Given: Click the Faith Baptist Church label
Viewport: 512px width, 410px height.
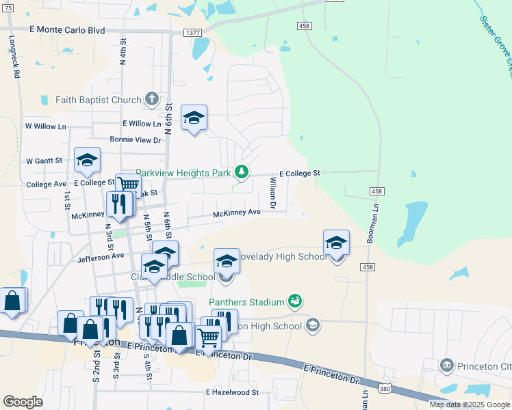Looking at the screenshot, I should pyautogui.click(x=98, y=100).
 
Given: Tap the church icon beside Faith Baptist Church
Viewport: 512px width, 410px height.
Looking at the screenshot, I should pyautogui.click(x=151, y=100).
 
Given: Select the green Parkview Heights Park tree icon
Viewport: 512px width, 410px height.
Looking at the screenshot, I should pyautogui.click(x=241, y=171).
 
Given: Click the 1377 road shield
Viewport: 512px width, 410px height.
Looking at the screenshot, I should pyautogui.click(x=192, y=32).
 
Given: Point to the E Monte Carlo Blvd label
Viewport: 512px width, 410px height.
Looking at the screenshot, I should pyautogui.click(x=67, y=30).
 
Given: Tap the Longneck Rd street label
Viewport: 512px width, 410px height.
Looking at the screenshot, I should pyautogui.click(x=13, y=57).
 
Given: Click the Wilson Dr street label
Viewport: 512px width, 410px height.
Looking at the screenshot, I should pyautogui.click(x=272, y=193).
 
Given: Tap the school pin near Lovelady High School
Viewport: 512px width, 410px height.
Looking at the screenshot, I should pyautogui.click(x=336, y=243).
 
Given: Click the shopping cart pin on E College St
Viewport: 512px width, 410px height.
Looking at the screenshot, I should pyautogui.click(x=128, y=184).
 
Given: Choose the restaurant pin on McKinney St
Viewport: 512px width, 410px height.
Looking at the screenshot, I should pyautogui.click(x=119, y=204).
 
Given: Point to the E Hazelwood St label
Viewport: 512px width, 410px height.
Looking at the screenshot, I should pyautogui.click(x=233, y=392).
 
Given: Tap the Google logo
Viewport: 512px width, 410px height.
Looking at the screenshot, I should pyautogui.click(x=23, y=402).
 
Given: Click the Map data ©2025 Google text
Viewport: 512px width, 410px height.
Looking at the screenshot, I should pyautogui.click(x=469, y=405).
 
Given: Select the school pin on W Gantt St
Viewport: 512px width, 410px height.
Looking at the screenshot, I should pyautogui.click(x=87, y=161).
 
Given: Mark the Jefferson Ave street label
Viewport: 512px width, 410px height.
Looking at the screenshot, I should pyautogui.click(x=101, y=258).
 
